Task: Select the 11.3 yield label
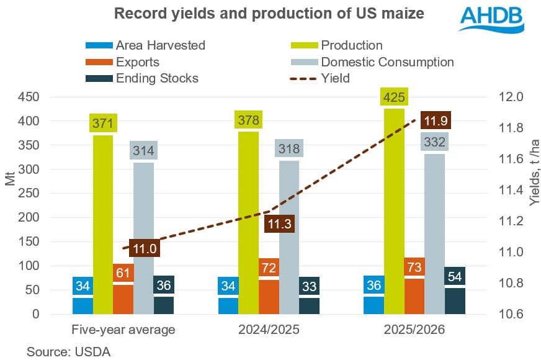(279, 225)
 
